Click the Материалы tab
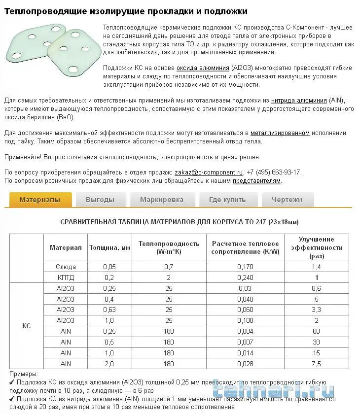[40, 200]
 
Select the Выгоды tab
[100, 200]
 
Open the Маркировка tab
[162, 200]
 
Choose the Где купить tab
[227, 200]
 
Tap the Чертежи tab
[287, 200]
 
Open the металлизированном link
[280, 133]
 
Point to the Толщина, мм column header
[109, 247]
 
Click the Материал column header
[66, 247]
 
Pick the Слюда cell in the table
[66, 267]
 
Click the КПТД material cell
[66, 277]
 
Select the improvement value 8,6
[316, 288]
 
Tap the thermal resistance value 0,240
[245, 277]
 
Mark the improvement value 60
[316, 331]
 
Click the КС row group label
[27, 326]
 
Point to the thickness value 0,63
[109, 310]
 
